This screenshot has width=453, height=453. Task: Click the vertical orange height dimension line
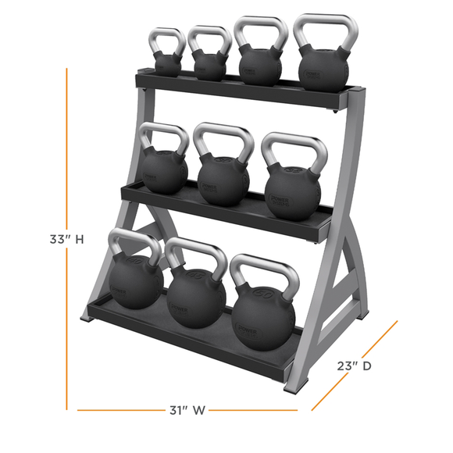[x=67, y=156]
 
